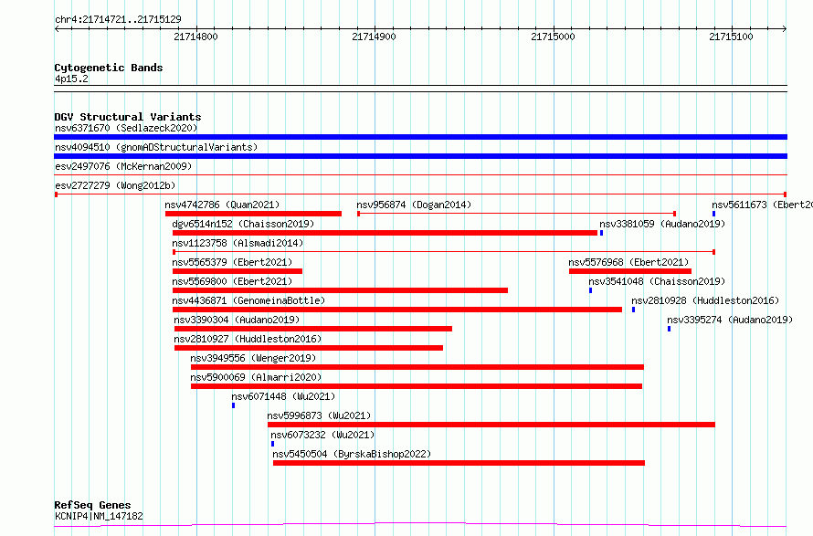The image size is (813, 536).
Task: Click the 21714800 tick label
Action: point(195,37)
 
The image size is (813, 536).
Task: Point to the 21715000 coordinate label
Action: point(553,37)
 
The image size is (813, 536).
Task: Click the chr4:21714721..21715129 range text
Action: point(118,20)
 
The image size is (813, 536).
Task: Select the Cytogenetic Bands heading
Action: point(109,68)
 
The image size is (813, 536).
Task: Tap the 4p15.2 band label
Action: point(71,79)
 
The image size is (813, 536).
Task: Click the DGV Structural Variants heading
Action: point(128,117)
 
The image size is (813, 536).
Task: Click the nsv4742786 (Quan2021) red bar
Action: point(253,214)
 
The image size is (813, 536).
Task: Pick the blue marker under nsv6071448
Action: point(233,405)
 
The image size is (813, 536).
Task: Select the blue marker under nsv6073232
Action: point(273,444)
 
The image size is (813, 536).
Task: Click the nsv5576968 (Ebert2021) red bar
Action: point(630,271)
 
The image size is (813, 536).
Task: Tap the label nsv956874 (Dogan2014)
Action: point(414,205)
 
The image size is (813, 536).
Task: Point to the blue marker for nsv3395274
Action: point(669,329)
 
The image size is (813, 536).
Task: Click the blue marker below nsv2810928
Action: point(633,310)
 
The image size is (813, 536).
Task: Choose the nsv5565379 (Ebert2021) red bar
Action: point(237,271)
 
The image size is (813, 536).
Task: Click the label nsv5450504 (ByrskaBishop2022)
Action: point(352,454)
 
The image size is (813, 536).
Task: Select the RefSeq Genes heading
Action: point(92,505)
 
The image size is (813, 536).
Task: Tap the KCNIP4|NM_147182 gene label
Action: point(99,516)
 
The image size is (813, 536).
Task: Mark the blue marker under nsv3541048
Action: point(590,290)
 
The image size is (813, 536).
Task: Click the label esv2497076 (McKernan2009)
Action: point(123,166)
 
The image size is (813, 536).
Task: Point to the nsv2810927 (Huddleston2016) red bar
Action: point(309,348)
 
